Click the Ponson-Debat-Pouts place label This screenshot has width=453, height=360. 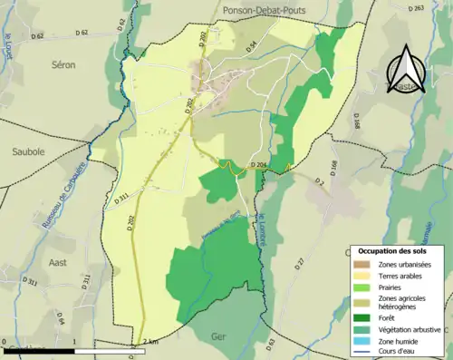271,8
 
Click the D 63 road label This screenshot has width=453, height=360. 271,345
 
